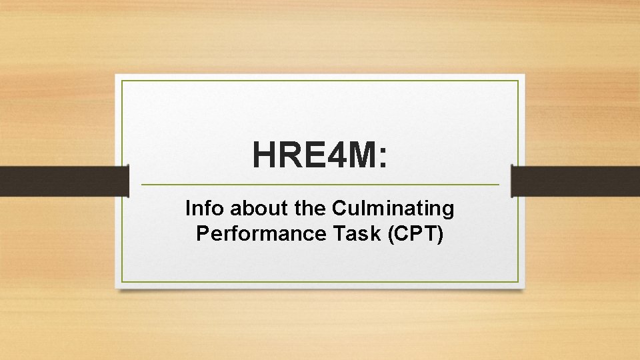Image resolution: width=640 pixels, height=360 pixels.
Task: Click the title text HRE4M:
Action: [319, 155]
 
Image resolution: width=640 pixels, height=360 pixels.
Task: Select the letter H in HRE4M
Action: [265, 155]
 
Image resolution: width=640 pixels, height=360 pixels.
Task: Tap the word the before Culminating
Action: [309, 209]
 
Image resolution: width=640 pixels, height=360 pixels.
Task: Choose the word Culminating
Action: [392, 209]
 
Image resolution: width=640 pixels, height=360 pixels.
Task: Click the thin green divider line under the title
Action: [320, 184]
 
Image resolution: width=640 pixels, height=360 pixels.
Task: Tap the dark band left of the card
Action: [63, 181]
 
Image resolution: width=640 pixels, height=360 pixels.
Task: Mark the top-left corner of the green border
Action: [122, 81]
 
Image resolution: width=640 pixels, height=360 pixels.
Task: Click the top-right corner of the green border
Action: [518, 81]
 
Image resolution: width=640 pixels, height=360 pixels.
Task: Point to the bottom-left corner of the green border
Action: [122, 281]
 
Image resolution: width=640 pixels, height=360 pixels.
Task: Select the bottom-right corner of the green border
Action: [518, 281]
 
